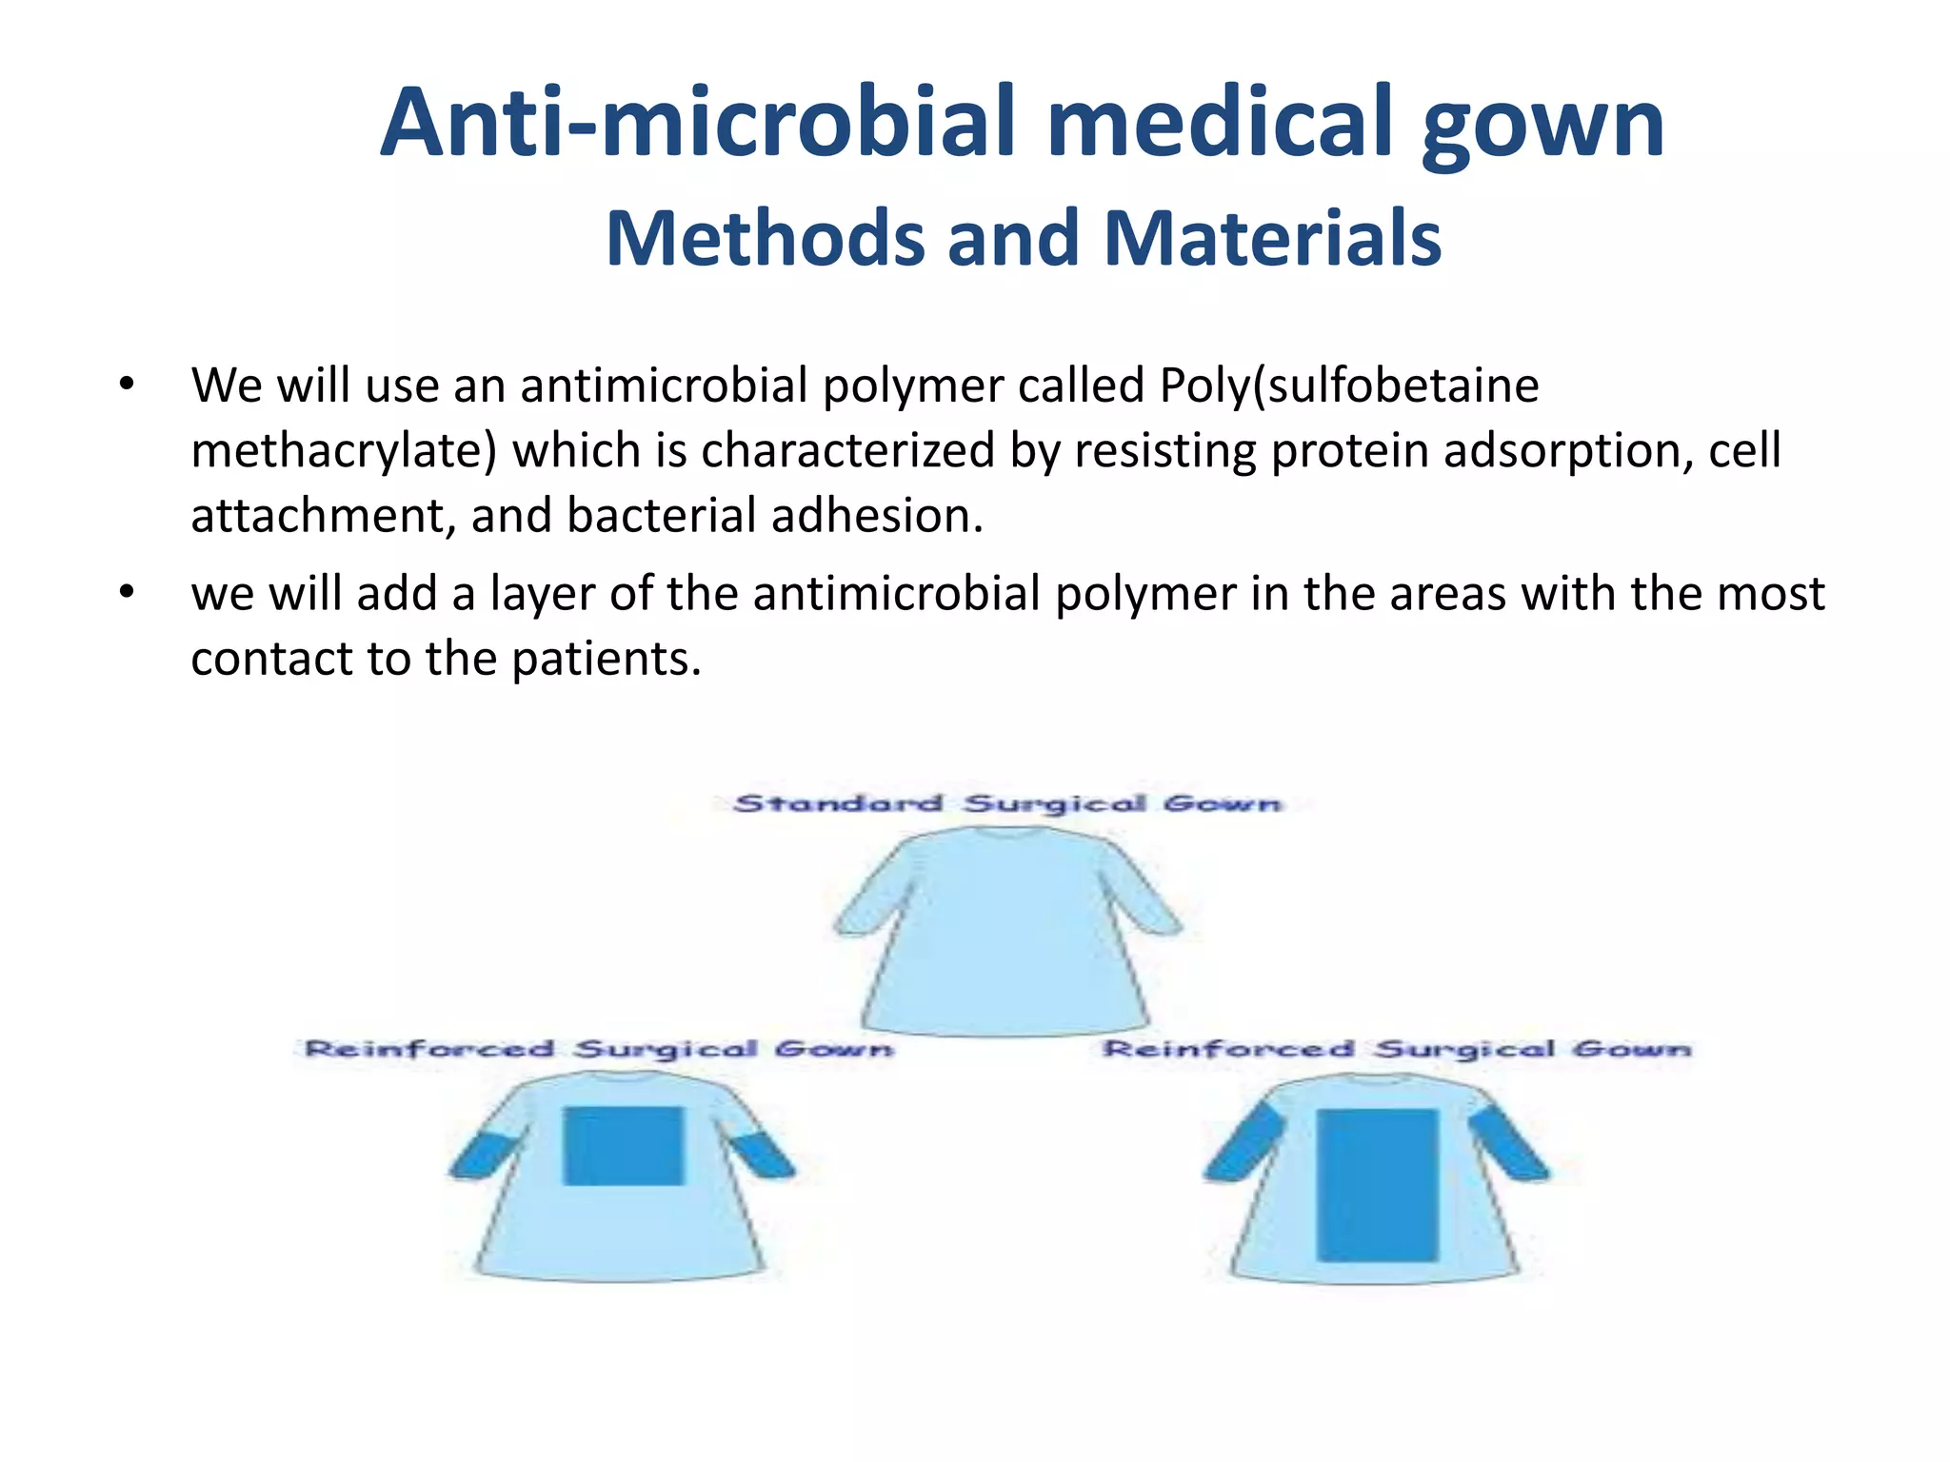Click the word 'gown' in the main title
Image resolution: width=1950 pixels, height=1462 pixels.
(1542, 124)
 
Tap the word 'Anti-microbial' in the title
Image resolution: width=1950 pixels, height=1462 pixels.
(700, 124)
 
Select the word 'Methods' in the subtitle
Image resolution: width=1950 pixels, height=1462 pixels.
(765, 238)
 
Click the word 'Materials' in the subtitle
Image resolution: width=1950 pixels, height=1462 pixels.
(1272, 238)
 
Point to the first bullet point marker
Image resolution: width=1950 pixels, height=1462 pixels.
(127, 385)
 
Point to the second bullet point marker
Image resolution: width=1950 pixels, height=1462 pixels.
(127, 593)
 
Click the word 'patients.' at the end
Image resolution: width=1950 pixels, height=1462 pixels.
(607, 659)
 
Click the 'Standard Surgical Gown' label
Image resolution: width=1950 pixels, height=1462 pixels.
(1007, 804)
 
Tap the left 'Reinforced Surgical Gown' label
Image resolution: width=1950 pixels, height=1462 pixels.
(599, 1049)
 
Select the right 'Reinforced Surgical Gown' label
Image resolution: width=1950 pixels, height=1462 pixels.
(1397, 1049)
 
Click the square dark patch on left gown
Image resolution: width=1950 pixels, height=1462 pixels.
(624, 1145)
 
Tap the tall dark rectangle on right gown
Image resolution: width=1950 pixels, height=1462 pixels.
(1377, 1185)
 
